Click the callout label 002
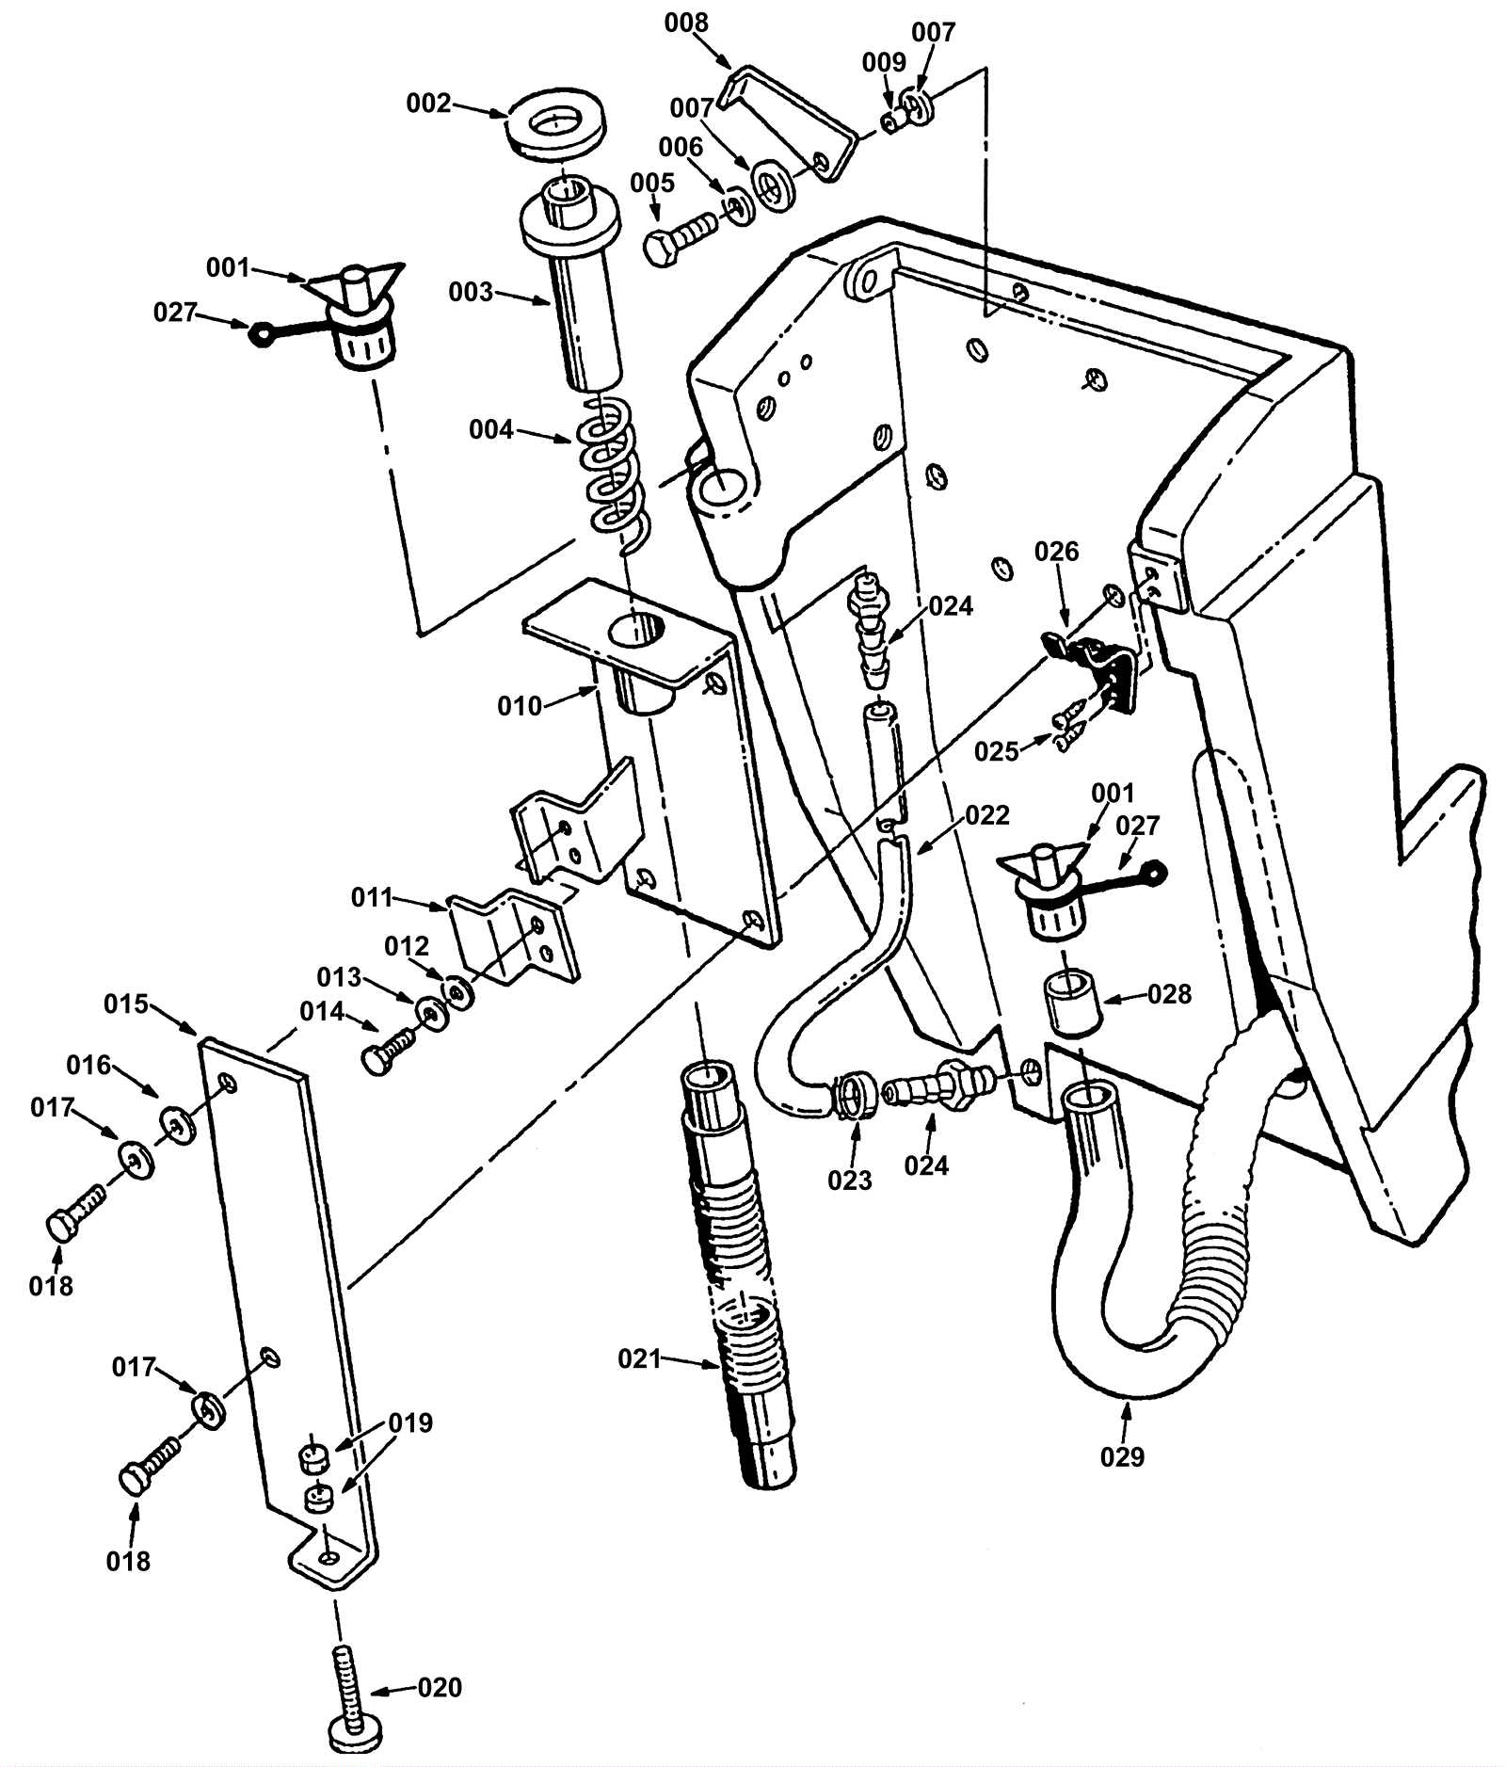point(428,104)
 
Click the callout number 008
point(686,23)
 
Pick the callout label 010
point(520,705)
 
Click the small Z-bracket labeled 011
point(514,937)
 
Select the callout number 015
point(126,1004)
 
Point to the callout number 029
point(1122,1456)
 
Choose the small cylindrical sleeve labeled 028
point(1072,1004)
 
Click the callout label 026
point(1056,552)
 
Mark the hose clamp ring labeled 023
point(856,1094)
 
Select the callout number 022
point(987,815)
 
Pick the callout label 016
point(88,1065)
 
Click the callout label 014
point(322,1011)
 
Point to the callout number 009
point(885,62)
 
